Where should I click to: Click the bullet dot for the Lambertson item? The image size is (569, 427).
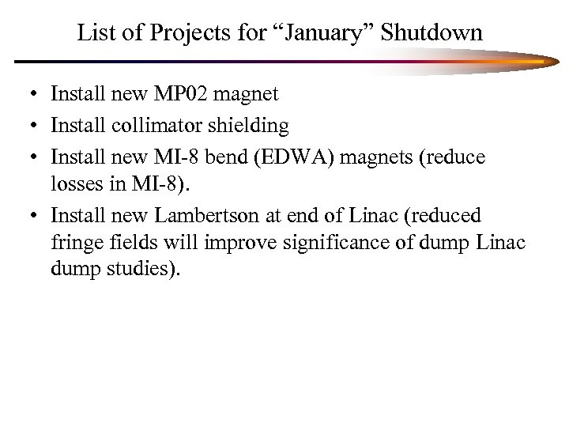[x=28, y=217]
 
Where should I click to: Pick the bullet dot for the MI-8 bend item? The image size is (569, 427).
[x=28, y=160]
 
